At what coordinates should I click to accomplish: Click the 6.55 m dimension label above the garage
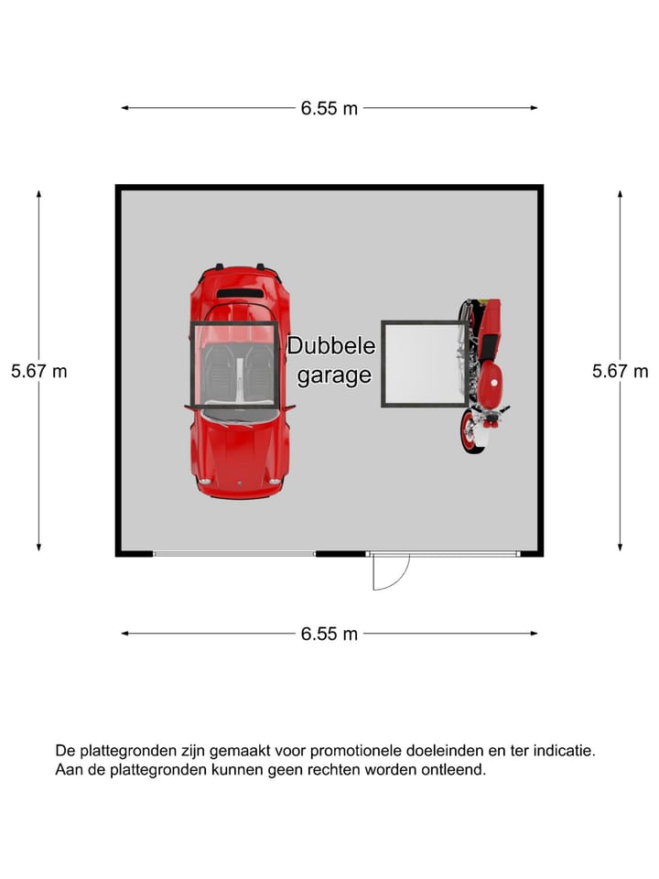329,108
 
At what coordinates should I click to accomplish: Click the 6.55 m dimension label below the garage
329,634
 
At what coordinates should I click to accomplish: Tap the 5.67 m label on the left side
38,371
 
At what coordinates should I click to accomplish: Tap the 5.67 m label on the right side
621,371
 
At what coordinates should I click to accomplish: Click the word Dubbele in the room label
331,345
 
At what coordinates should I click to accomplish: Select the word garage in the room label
334,375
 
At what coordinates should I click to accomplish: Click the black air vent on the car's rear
240,293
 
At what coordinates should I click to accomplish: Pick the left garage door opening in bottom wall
234,554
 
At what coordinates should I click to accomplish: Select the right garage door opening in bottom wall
444,554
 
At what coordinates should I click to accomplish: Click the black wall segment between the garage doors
341,554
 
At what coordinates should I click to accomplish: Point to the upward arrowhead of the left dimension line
38,193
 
